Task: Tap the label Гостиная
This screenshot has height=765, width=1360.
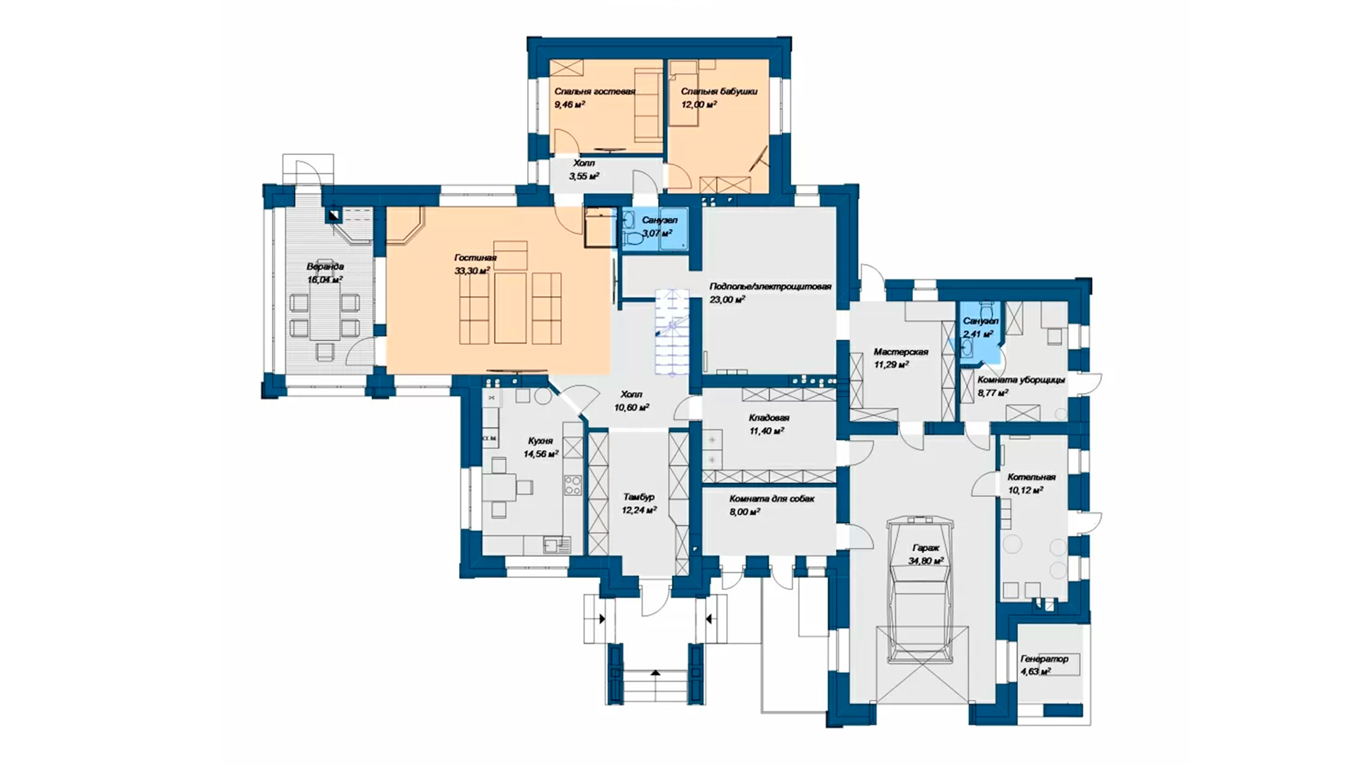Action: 475,258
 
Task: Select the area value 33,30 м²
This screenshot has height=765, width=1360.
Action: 472,271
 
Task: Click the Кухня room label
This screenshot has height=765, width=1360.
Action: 540,441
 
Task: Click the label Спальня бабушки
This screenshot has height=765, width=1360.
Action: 719,91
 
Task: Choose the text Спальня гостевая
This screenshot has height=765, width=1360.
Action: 595,91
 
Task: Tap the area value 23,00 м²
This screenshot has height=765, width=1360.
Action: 727,300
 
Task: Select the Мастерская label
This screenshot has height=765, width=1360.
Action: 900,352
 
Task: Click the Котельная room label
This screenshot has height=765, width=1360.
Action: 1031,477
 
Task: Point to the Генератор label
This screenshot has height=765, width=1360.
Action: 1044,659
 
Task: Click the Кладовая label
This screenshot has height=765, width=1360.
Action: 769,418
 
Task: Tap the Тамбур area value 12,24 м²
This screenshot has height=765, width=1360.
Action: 639,509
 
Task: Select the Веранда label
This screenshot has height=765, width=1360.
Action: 325,267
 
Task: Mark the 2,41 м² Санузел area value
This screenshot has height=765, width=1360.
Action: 978,334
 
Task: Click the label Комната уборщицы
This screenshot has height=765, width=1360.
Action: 1021,380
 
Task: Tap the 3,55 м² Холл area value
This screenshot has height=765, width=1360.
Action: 584,176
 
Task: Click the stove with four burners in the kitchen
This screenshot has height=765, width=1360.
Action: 572,485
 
